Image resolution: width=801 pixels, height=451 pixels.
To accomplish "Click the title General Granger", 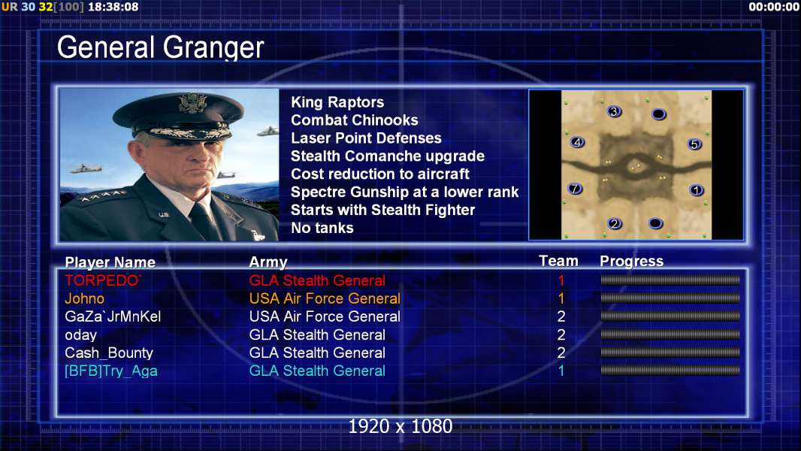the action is point(160,48).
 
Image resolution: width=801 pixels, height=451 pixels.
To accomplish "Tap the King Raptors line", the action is point(337,102).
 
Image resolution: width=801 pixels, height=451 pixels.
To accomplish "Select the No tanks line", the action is point(322,228).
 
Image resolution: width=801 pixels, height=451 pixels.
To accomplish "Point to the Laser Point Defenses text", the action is point(366,138).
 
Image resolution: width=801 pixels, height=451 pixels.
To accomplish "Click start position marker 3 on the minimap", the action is point(614,111).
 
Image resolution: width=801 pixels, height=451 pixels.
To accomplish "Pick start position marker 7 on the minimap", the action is point(576,189).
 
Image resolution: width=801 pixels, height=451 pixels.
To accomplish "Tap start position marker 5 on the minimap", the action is point(694,144).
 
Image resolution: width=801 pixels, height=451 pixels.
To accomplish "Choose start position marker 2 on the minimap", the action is point(615,223).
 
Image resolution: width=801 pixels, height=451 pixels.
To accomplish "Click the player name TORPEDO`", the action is point(103,280).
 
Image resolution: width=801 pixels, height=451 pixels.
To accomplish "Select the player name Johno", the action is point(84,298).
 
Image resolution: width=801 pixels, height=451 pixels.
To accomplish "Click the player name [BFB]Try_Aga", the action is point(111,371).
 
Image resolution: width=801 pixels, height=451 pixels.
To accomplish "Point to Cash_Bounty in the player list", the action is point(109,353).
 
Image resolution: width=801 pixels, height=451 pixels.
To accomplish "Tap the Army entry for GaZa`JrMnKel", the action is point(325,316).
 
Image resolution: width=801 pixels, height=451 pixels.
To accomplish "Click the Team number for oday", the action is point(561,334).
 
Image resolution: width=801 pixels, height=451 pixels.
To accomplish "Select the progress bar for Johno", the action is point(670,298).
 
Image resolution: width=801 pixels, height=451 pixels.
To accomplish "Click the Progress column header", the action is point(631,261).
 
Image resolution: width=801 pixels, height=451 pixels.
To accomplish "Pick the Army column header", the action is point(268,262).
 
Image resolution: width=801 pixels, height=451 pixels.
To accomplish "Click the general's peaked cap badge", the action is point(192,103).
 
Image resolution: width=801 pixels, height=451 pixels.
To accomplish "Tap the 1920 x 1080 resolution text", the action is point(400,426).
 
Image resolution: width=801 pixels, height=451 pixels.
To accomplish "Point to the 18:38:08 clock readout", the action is point(113,8).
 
